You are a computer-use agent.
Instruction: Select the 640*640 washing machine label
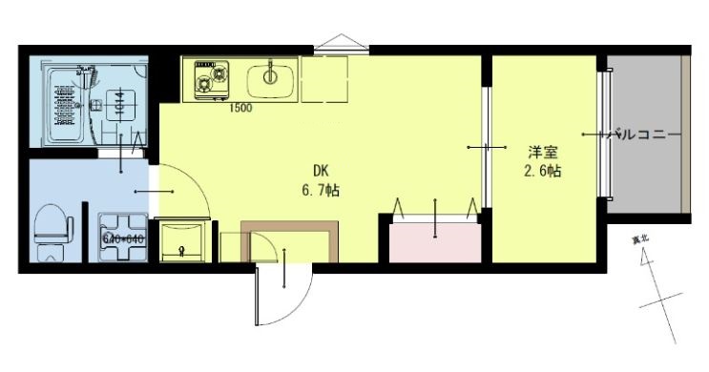(x=122, y=238)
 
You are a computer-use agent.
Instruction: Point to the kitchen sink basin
(x=268, y=76)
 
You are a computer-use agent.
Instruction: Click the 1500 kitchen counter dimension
(x=240, y=108)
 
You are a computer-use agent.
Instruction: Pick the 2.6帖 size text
(x=541, y=172)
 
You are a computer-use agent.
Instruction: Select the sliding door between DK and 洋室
(x=486, y=148)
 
